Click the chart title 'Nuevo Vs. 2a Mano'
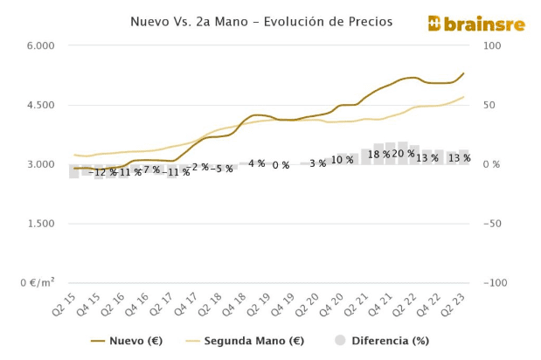(x=261, y=21)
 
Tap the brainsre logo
(x=476, y=24)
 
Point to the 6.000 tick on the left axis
(x=38, y=45)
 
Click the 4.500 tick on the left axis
(x=38, y=105)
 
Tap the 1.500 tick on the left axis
(x=38, y=224)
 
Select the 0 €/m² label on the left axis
(x=35, y=283)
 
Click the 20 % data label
(x=403, y=154)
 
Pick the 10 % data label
(x=342, y=160)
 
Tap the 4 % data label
(x=256, y=163)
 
